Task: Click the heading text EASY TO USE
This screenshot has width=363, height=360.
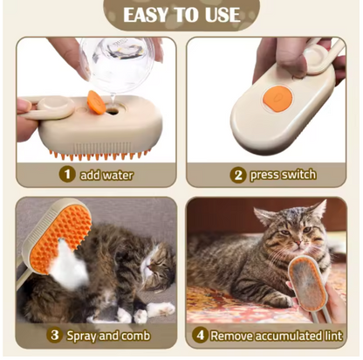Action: pyautogui.click(x=181, y=15)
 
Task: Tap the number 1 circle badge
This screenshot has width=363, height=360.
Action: pyautogui.click(x=67, y=174)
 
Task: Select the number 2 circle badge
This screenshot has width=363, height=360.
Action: pyautogui.click(x=238, y=175)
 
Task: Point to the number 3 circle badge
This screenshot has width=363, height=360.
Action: pyautogui.click(x=55, y=335)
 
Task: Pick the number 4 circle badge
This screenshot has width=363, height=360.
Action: pyautogui.click(x=201, y=335)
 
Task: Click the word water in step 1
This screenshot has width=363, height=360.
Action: pyautogui.click(x=118, y=175)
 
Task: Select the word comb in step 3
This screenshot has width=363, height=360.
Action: pyautogui.click(x=136, y=336)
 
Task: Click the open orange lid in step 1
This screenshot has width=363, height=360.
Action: pyautogui.click(x=96, y=102)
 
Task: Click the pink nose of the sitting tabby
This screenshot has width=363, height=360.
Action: pyautogui.click(x=299, y=242)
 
